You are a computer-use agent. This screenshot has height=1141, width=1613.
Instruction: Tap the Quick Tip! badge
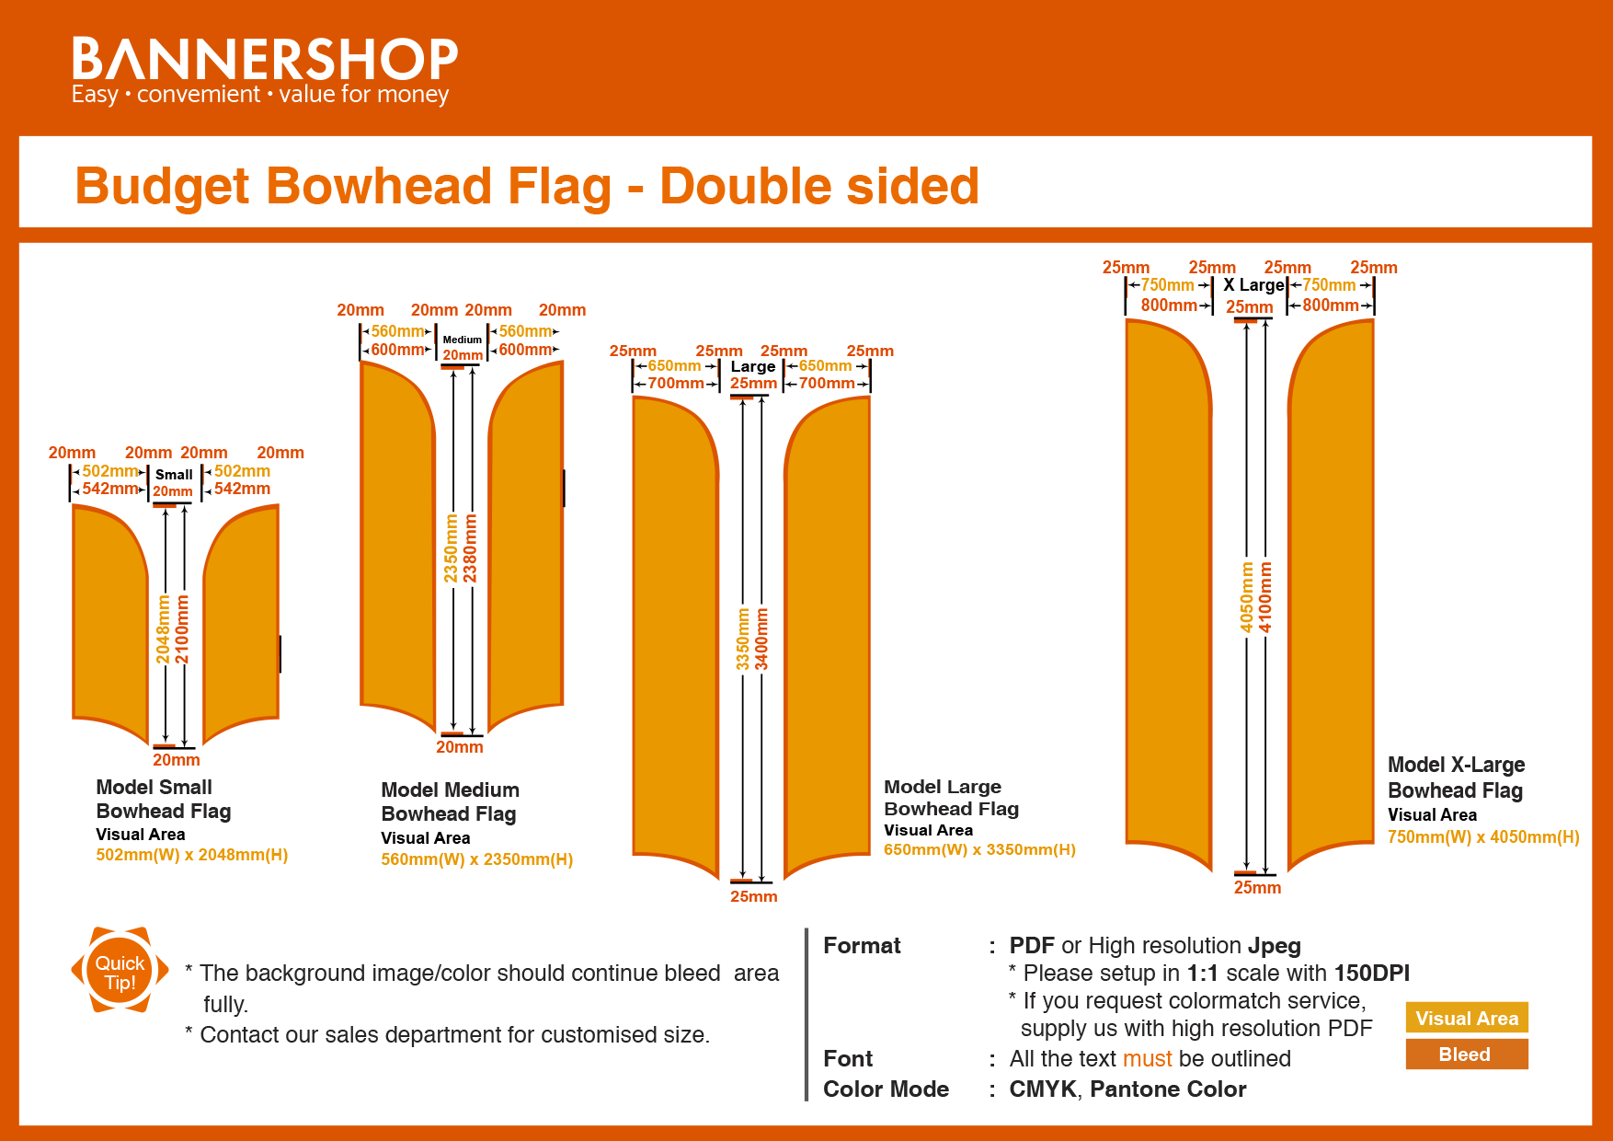tap(120, 972)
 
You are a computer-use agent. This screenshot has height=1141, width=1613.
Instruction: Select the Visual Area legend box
tap(1466, 1018)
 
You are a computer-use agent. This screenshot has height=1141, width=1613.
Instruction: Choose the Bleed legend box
tap(1466, 1055)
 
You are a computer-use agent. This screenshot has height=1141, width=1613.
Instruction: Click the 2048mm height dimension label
tap(164, 628)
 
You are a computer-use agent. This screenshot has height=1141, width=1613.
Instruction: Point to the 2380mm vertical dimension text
tap(471, 548)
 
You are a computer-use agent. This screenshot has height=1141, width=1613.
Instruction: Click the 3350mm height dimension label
tap(743, 640)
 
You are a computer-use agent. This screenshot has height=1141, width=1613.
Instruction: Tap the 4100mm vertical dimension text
tap(1266, 597)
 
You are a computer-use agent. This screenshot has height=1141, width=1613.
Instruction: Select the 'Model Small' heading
tap(154, 787)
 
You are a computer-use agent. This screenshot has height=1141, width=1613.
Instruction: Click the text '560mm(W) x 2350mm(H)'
tap(476, 859)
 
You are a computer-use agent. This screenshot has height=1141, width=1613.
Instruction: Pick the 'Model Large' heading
tap(942, 787)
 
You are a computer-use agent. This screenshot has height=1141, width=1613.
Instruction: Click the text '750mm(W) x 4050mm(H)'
tap(1482, 837)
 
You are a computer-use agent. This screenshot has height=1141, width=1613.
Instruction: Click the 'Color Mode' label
tap(886, 1089)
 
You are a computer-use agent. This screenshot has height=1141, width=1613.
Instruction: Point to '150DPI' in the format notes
tap(1371, 974)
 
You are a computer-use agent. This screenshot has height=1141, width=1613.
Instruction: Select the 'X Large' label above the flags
tap(1253, 285)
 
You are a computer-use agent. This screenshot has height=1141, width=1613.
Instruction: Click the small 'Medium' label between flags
tap(462, 340)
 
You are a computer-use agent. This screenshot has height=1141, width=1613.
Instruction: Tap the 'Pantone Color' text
tap(1168, 1089)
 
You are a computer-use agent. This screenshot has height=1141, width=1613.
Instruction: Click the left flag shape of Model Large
tap(674, 635)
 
